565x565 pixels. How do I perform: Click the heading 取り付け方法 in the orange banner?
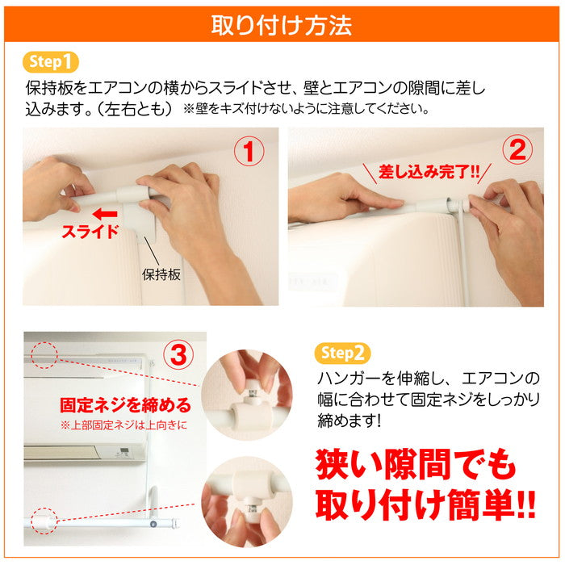(282, 25)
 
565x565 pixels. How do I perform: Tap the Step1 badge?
(50, 62)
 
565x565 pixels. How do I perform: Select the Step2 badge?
(342, 354)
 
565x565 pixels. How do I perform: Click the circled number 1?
(249, 151)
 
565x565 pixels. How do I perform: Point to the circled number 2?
(517, 150)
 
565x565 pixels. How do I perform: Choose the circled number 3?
(178, 354)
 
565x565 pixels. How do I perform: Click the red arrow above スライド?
(105, 214)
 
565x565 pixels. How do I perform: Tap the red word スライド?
(90, 232)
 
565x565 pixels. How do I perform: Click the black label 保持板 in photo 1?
(161, 274)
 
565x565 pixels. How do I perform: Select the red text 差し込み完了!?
(428, 172)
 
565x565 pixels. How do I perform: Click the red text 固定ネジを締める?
(125, 405)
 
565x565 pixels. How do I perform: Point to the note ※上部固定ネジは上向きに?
(124, 425)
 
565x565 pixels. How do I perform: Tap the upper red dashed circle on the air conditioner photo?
(44, 355)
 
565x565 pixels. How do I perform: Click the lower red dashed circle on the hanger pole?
(44, 521)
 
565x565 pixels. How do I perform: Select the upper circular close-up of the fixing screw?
(247, 395)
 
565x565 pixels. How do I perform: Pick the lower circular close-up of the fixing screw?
(247, 502)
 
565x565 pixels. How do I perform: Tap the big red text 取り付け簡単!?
(425, 504)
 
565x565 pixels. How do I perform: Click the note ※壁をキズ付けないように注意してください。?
(306, 108)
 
